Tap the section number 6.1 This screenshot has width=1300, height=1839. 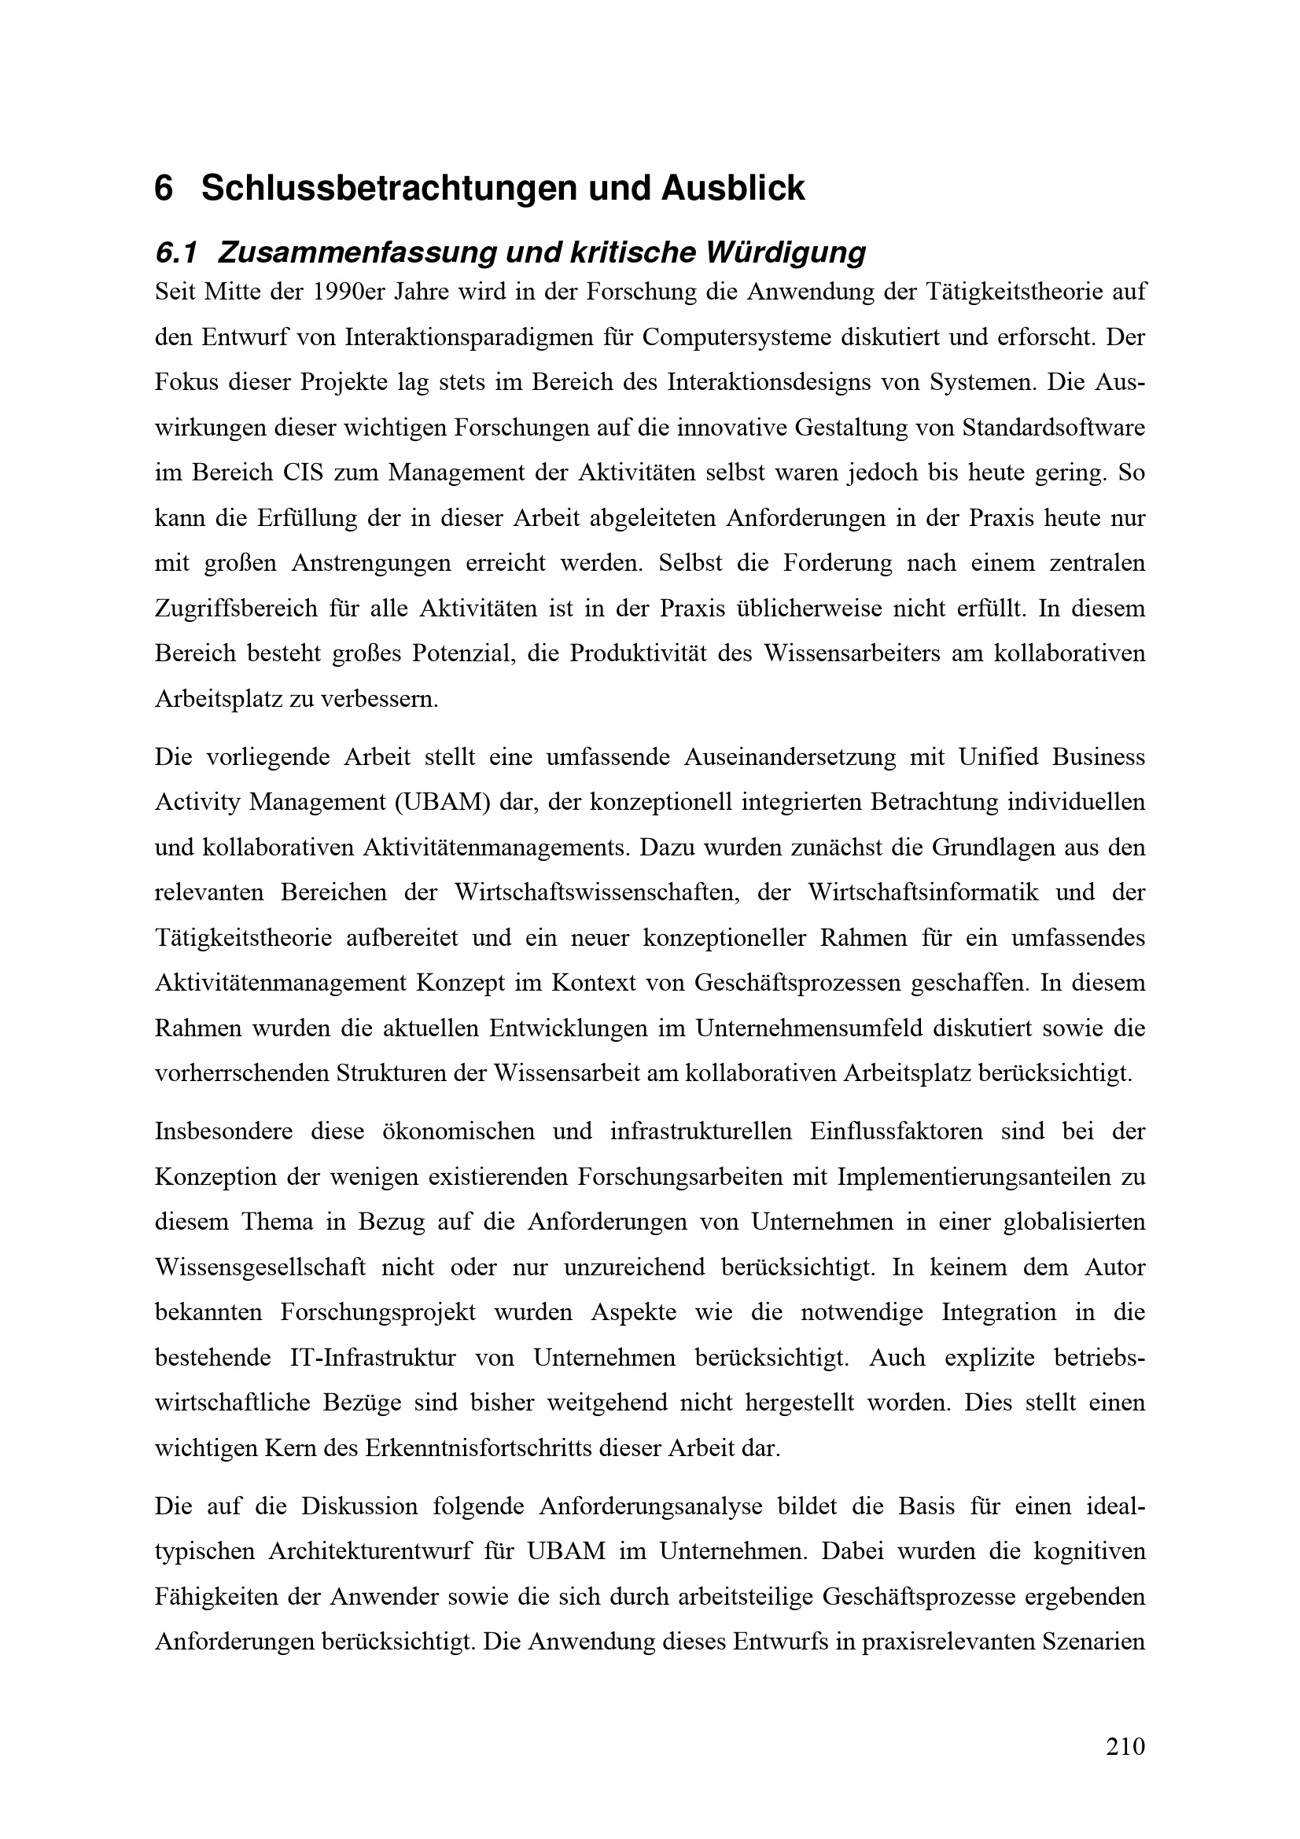point(175,253)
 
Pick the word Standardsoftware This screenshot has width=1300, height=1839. point(1053,427)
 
